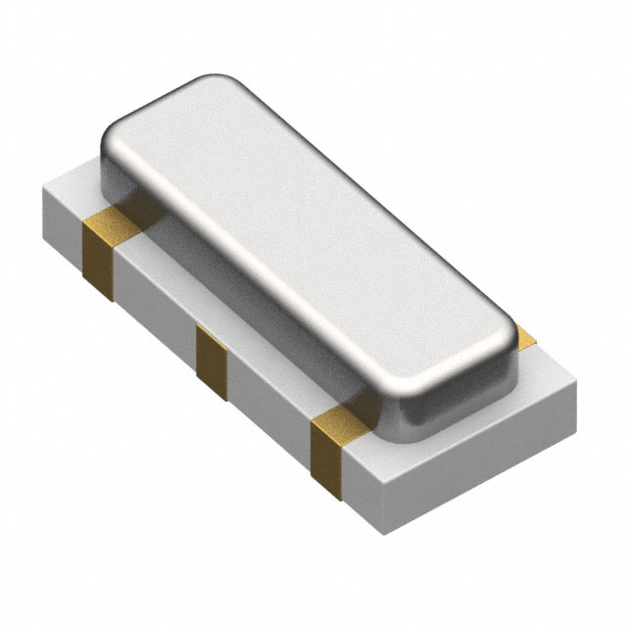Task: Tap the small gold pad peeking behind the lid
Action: [x=526, y=338]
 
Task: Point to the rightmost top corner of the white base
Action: [x=576, y=376]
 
